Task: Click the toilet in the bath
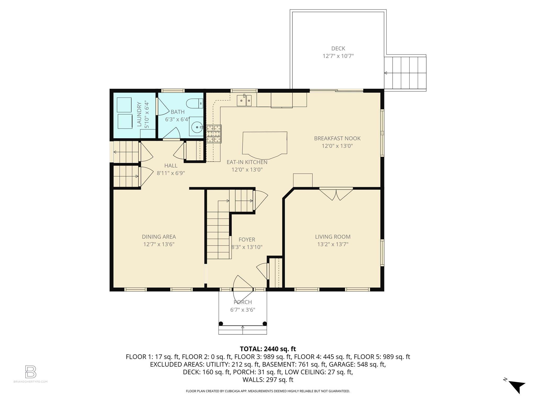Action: coord(195,103)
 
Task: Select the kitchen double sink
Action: coord(244,100)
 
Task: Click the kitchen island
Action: coord(265,145)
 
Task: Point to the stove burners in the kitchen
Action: coord(214,134)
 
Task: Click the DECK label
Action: coord(338,48)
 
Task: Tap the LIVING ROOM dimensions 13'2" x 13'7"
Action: coord(333,244)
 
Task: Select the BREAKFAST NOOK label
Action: coord(337,138)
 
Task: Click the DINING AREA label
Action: coord(159,237)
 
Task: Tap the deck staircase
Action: coord(405,73)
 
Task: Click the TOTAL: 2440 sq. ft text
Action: coord(268,349)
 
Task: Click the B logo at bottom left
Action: coord(31,372)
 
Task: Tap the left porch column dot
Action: coord(221,323)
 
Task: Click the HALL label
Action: coord(171,166)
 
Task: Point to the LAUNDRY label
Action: coord(139,114)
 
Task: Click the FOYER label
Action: coord(247,240)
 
